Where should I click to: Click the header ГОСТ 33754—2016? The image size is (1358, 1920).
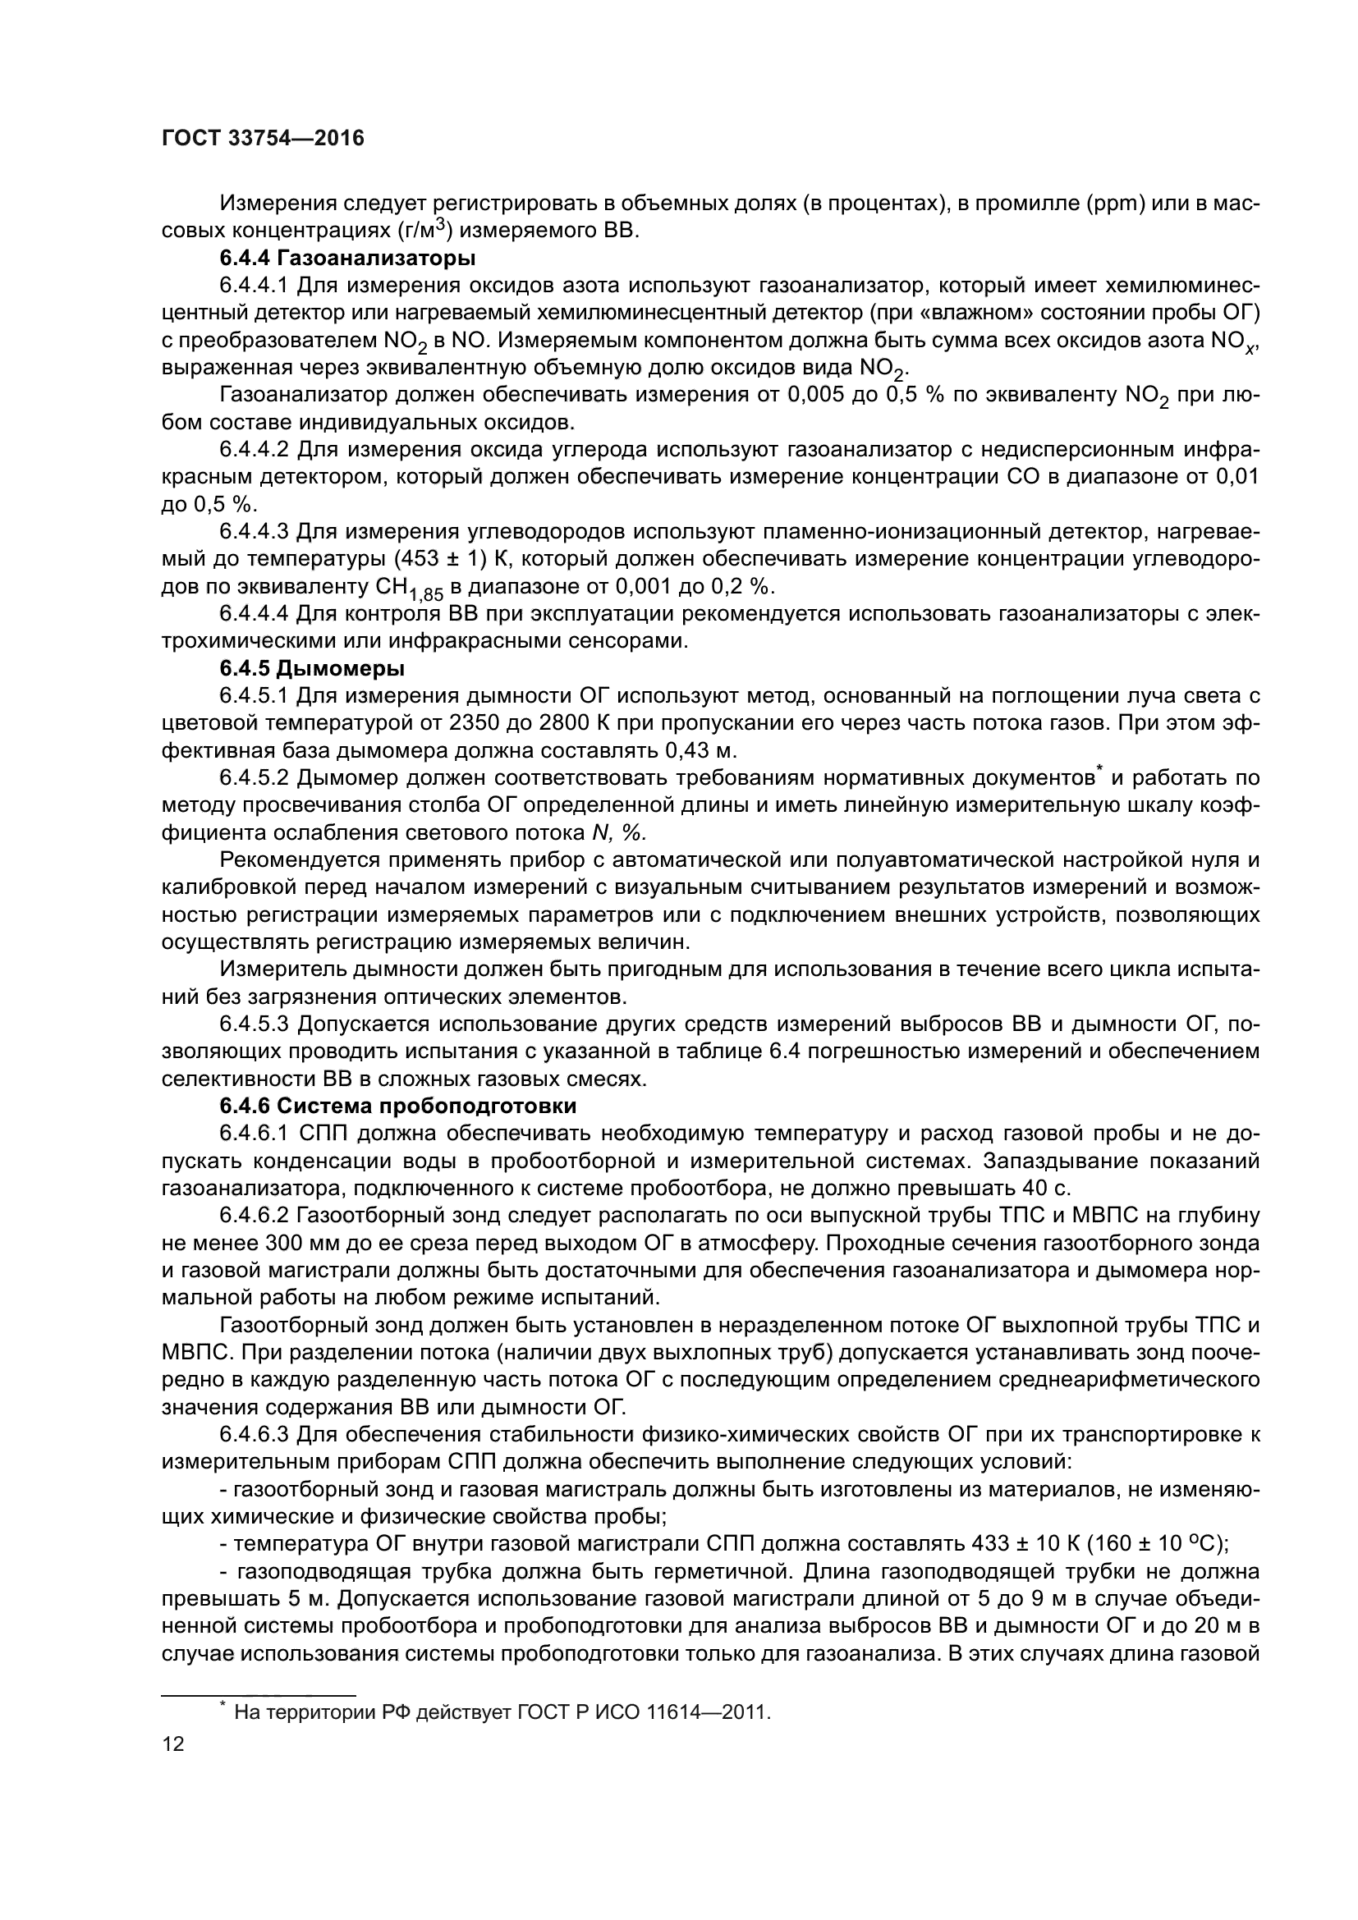[263, 139]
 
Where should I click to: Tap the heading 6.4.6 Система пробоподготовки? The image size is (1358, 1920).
[398, 1107]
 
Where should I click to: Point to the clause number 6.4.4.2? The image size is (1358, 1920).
[255, 450]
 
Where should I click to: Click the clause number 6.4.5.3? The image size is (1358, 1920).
[255, 1024]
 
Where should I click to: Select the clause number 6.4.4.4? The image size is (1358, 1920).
[255, 614]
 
